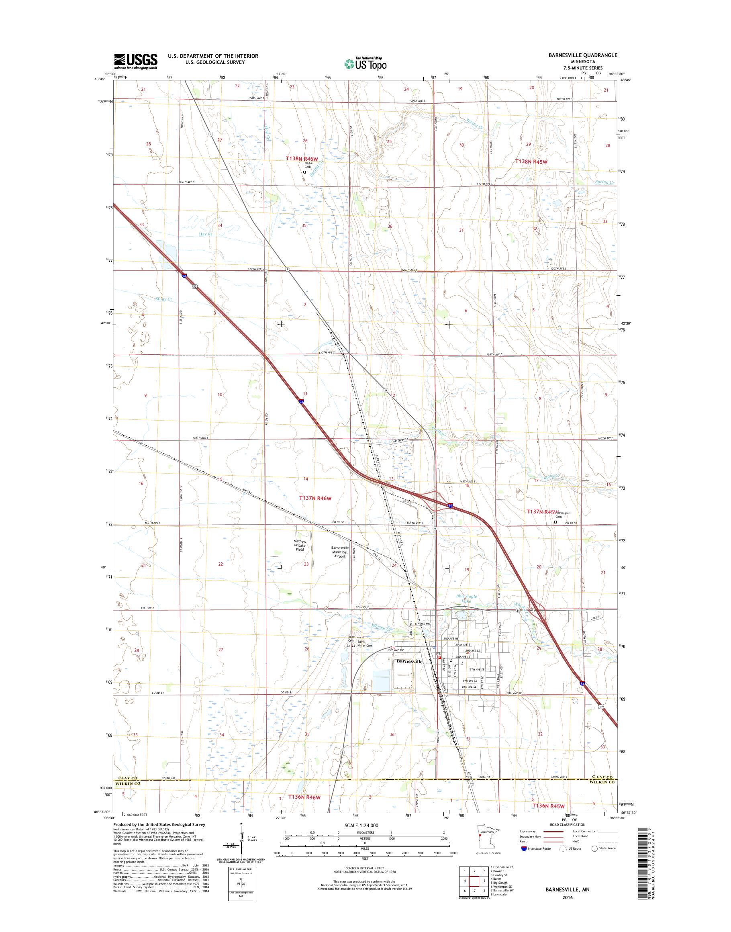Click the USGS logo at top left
135,61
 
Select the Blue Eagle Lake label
466,599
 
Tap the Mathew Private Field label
300,546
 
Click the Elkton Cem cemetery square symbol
304,172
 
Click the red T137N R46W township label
315,498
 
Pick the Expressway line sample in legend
554,832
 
